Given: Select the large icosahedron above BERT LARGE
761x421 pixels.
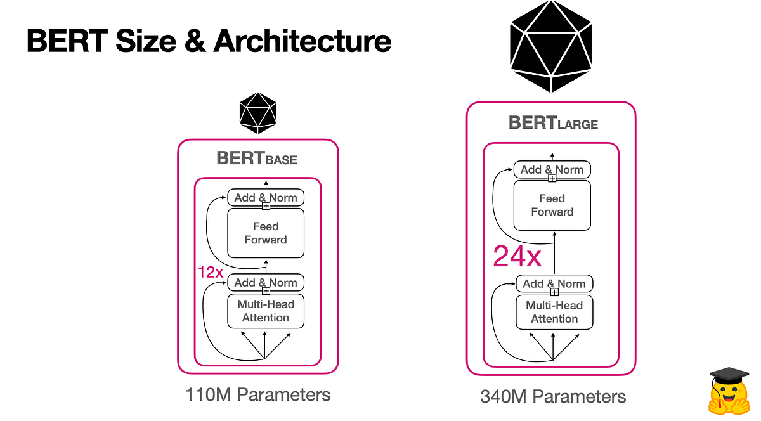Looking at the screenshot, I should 552,48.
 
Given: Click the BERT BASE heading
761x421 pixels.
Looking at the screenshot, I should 257,157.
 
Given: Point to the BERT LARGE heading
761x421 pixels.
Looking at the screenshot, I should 553,122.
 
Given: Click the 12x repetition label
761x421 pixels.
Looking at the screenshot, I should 211,273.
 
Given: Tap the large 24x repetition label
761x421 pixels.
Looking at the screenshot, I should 517,257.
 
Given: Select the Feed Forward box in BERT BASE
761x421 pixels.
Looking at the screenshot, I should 266,233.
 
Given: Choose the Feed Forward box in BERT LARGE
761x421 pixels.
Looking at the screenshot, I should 552,205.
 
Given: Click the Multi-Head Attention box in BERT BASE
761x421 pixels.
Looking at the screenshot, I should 266,311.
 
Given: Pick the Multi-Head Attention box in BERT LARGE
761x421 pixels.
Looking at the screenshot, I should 554,312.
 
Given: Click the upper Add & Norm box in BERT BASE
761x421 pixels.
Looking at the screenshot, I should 266,197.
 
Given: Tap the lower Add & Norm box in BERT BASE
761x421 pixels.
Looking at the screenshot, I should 266,282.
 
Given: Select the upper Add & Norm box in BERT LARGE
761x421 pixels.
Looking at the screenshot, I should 552,169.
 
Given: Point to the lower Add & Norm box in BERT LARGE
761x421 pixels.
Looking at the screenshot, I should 554,283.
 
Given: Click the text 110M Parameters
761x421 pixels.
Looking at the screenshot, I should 257,394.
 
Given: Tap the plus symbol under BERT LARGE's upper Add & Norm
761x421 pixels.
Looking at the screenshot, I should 552,178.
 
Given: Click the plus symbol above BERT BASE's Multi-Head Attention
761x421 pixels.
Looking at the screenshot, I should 266,291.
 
